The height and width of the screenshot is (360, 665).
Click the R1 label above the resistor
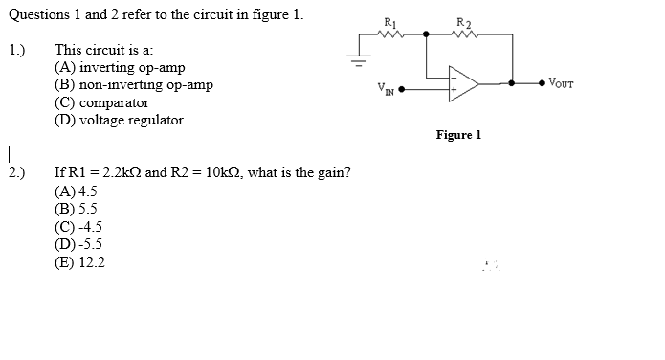(x=388, y=23)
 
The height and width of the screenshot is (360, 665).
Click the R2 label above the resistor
(x=463, y=23)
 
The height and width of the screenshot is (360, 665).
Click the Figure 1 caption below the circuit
(x=458, y=135)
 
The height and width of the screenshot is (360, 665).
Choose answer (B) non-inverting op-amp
(x=133, y=85)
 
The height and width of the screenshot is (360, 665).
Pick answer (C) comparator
(x=101, y=102)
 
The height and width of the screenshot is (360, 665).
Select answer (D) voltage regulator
(x=119, y=120)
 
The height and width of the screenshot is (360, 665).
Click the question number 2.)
(x=17, y=172)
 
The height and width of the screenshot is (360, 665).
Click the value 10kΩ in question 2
(x=214, y=172)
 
